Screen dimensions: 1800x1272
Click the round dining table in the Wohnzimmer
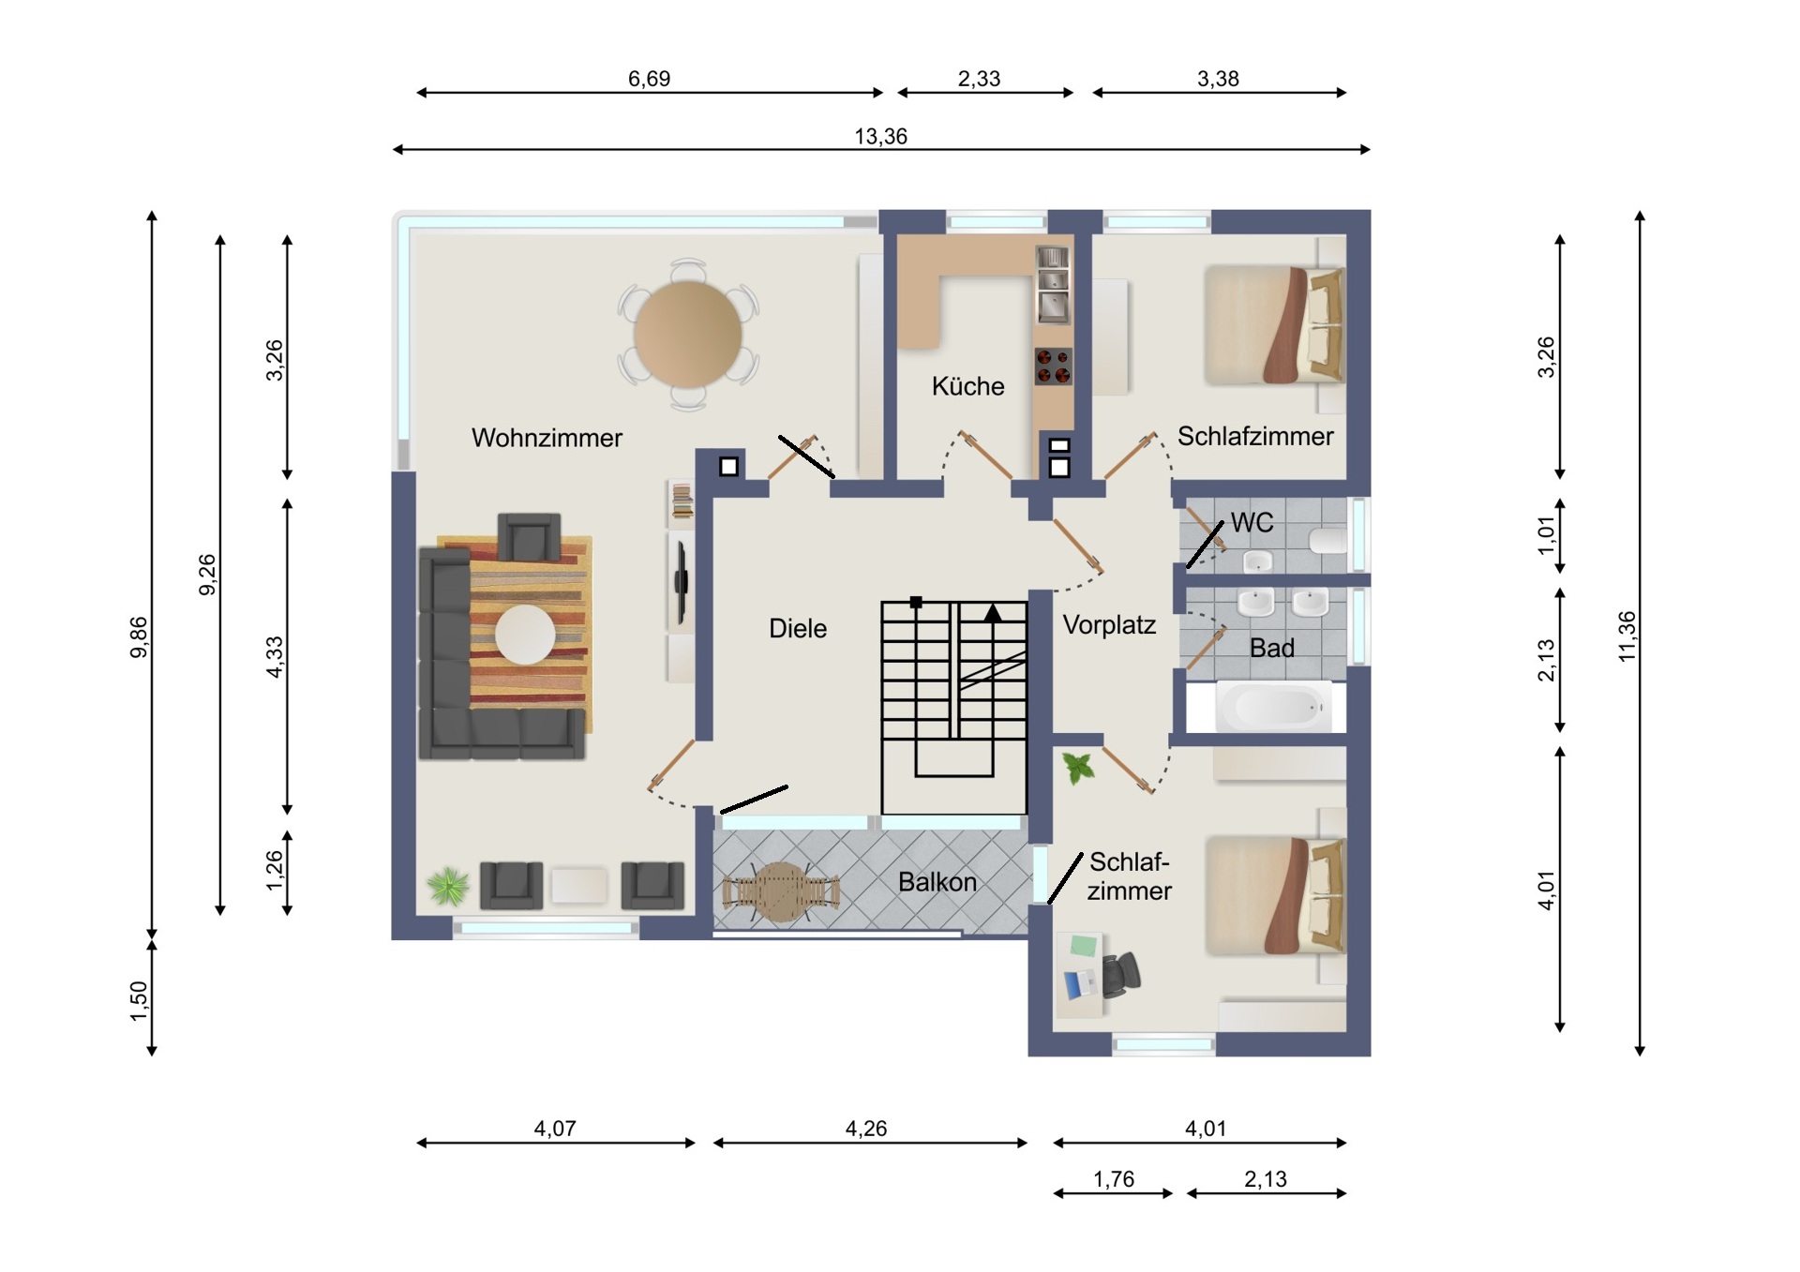tap(688, 335)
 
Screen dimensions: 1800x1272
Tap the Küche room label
tap(967, 386)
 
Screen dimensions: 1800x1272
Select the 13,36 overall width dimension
tap(881, 137)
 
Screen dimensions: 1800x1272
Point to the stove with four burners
tap(1053, 367)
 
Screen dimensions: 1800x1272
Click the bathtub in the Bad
tap(1273, 707)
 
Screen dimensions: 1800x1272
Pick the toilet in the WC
tap(1327, 541)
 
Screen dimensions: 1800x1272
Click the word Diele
tap(798, 629)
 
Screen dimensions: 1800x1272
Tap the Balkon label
tap(937, 882)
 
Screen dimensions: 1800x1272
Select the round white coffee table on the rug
tap(525, 635)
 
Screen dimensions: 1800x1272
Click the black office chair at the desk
tap(1121, 975)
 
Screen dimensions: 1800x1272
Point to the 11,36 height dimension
tap(1627, 636)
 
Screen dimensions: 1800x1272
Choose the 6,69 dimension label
tap(649, 79)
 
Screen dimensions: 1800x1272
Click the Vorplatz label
tap(1109, 625)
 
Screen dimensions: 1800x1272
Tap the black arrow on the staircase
tap(993, 613)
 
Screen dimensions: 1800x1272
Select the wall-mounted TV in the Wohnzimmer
tap(682, 581)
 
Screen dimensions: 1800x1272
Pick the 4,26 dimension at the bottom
tap(866, 1129)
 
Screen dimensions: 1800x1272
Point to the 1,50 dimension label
tap(139, 1001)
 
